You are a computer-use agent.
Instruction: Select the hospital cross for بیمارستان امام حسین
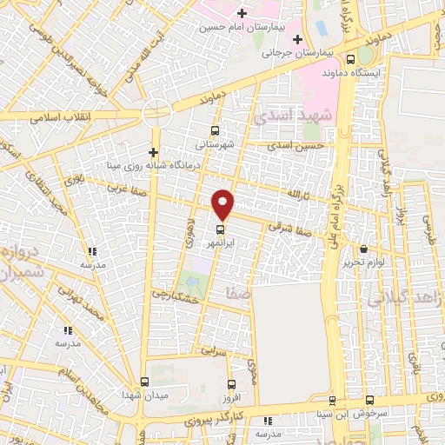tap(242, 14)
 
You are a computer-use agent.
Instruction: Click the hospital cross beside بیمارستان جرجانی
tap(298, 38)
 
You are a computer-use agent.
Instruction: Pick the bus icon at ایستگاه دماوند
tap(350, 59)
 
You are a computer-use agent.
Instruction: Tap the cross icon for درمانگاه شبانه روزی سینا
tap(153, 154)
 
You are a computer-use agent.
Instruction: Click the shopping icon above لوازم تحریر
tap(363, 249)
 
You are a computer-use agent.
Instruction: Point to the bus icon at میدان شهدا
tap(145, 382)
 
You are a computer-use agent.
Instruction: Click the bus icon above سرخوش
tap(370, 401)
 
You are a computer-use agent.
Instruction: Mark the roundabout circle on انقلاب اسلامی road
tap(157, 112)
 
